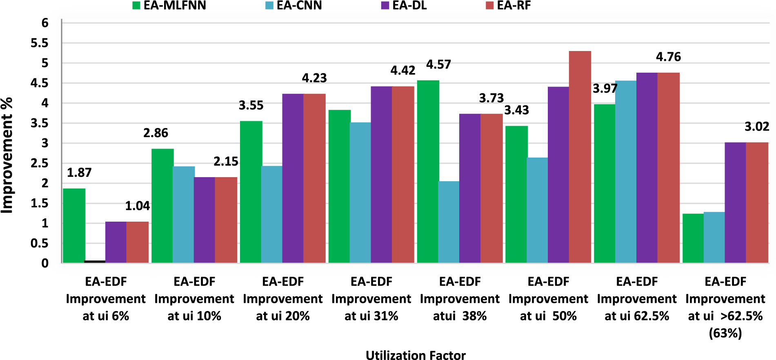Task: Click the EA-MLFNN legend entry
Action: pyautogui.click(x=169, y=6)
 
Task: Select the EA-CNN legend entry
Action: pyautogui.click(x=294, y=6)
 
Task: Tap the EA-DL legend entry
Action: pyautogui.click(x=404, y=6)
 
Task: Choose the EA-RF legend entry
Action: pyautogui.click(x=509, y=6)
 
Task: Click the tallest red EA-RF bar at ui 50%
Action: pyautogui.click(x=580, y=157)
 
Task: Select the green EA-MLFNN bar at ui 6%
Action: pyautogui.click(x=74, y=226)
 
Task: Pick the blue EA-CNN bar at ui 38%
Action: pyautogui.click(x=449, y=222)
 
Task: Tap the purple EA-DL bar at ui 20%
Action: pyautogui.click(x=293, y=178)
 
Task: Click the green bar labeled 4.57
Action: pyautogui.click(x=428, y=171)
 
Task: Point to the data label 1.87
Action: pyautogui.click(x=79, y=173)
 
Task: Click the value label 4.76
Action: pyautogui.click(x=668, y=57)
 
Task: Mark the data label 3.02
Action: pyautogui.click(x=756, y=127)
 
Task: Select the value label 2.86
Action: pyautogui.click(x=156, y=133)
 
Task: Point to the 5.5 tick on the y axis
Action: pyautogui.click(x=40, y=43)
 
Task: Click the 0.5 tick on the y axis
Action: pyautogui.click(x=40, y=244)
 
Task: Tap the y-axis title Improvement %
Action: pyautogui.click(x=7, y=155)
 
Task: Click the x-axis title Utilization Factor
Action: pyautogui.click(x=415, y=355)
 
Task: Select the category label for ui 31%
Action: pyautogui.click(x=371, y=299)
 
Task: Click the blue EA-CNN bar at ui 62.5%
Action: pyautogui.click(x=626, y=172)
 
